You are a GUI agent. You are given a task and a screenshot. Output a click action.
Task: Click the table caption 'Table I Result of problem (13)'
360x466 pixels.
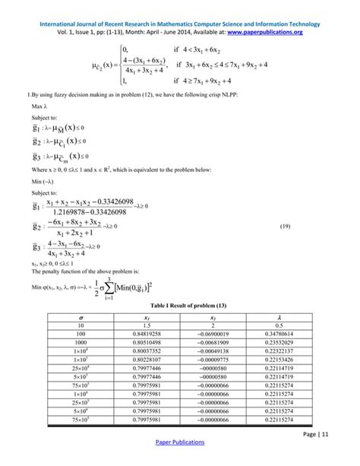point(179,302)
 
